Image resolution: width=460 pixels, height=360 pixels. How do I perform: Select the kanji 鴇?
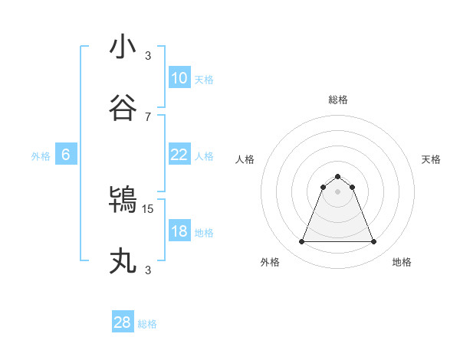click(123, 201)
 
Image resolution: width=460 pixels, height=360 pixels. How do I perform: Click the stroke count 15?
click(149, 208)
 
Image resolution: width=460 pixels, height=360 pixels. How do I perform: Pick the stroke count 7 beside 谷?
click(148, 116)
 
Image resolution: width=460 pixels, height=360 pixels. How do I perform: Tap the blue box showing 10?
click(179, 78)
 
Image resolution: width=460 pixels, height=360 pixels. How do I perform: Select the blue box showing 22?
click(179, 155)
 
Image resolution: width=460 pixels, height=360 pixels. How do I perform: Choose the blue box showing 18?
click(179, 231)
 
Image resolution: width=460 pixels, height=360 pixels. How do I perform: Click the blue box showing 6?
click(66, 155)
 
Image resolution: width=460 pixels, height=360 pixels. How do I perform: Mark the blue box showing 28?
click(123, 322)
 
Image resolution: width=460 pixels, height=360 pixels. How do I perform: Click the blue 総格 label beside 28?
click(147, 324)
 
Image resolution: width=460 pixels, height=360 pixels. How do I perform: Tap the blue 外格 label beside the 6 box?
click(41, 156)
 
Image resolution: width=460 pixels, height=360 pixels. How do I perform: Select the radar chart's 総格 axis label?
click(337, 100)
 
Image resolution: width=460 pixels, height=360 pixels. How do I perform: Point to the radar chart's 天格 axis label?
click(431, 159)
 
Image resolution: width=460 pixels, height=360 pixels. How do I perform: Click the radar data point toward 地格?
click(374, 242)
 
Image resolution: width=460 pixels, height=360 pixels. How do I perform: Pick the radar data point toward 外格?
click(301, 242)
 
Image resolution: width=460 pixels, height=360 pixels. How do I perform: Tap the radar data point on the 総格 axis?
click(337, 177)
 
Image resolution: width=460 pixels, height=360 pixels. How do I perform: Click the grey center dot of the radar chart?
click(337, 191)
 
